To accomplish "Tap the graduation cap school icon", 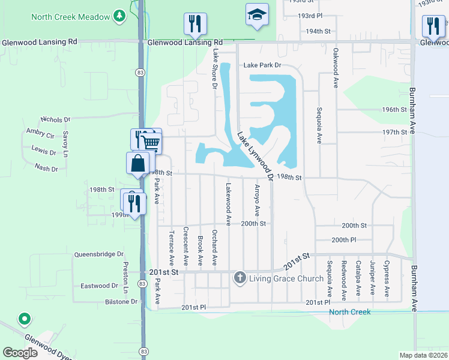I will [x=257, y=15].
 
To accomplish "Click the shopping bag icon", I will [x=137, y=163].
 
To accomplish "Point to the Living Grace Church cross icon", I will [x=240, y=277].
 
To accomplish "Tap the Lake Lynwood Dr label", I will [x=255, y=156].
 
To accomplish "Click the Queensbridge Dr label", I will [x=98, y=254].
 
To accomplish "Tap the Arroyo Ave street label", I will [x=257, y=200].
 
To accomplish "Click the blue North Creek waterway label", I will [x=349, y=312].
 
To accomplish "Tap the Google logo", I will [x=20, y=353].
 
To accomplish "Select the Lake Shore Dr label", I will [x=215, y=69].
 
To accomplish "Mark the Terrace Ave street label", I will [x=171, y=248].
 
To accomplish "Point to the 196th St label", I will [x=394, y=110].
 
